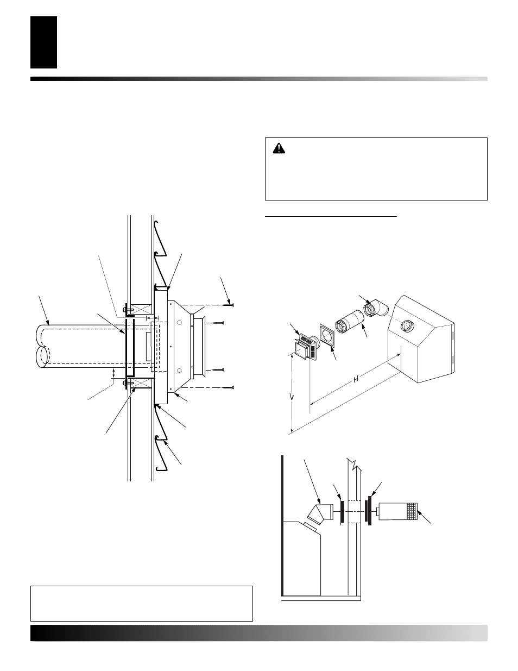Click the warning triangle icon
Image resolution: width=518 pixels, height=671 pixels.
point(279,148)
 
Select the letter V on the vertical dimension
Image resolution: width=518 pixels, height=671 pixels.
point(292,397)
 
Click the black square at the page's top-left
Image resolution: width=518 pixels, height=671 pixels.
point(43,42)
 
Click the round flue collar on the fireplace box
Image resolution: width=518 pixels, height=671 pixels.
point(406,327)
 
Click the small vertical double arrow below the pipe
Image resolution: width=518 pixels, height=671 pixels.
point(113,373)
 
